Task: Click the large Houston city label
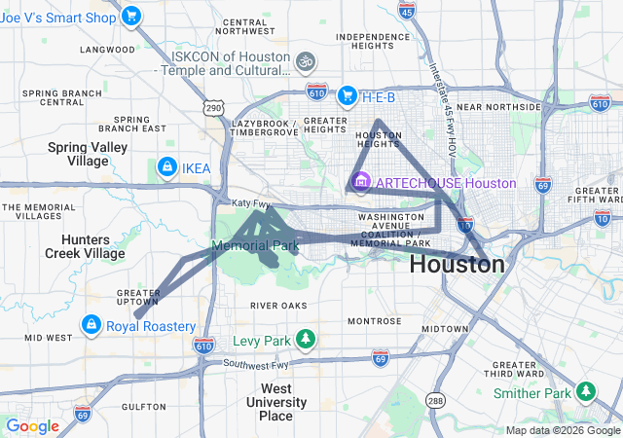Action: click(x=458, y=265)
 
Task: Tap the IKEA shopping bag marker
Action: click(x=167, y=167)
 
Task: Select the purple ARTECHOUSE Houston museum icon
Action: click(x=361, y=182)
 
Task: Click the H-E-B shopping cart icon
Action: click(x=347, y=95)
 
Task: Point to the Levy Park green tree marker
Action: click(x=307, y=340)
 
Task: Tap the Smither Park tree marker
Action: click(x=586, y=391)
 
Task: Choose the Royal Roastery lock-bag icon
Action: click(x=91, y=324)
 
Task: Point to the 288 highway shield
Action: click(x=435, y=399)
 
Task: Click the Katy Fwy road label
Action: click(x=251, y=202)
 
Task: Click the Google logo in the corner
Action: click(x=33, y=426)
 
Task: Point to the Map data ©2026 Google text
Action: click(x=563, y=430)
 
